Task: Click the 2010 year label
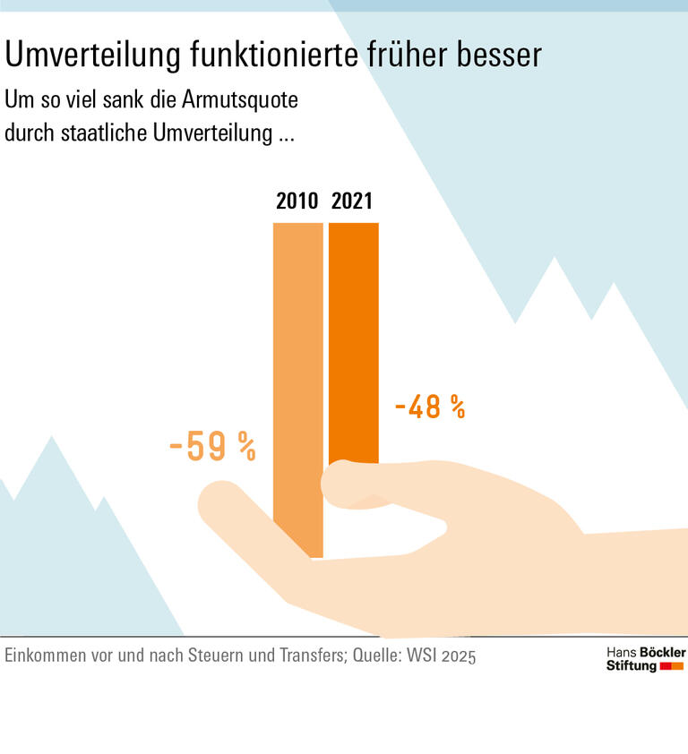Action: (297, 201)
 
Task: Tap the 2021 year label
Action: (352, 201)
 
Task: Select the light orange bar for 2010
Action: (297, 376)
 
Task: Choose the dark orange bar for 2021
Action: (353, 340)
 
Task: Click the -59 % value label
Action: (212, 447)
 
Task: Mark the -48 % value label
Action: (430, 407)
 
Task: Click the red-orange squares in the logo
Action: (672, 667)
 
